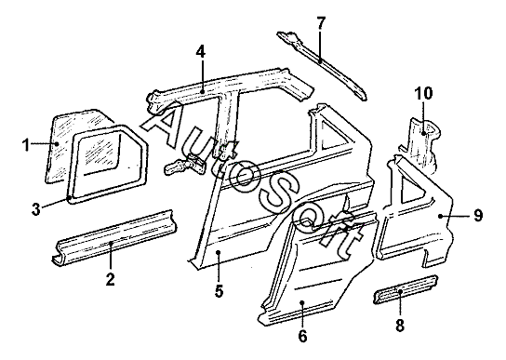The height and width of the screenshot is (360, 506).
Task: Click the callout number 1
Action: tap(26, 145)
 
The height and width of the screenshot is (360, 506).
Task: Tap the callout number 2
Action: tap(111, 279)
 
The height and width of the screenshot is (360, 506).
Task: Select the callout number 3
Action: tap(36, 209)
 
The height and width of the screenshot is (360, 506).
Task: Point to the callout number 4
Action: tap(200, 51)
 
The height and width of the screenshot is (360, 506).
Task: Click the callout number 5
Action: tap(219, 291)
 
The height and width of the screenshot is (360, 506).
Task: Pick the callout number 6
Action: tap(302, 336)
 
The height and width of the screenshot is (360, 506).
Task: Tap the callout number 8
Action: tap(400, 326)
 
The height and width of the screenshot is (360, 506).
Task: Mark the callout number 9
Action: tap(478, 215)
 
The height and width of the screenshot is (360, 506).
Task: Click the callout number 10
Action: tap(424, 93)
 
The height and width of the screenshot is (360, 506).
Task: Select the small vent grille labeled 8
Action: tap(406, 289)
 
